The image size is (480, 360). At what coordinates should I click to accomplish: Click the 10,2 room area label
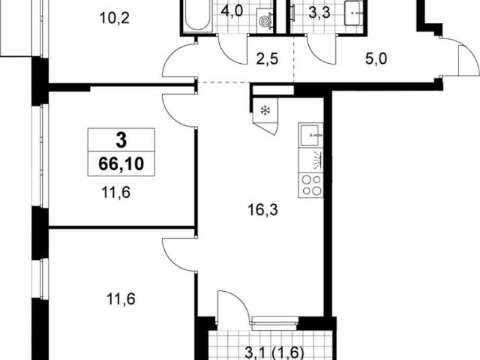(x=115, y=18)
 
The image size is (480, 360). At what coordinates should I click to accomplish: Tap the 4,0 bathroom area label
(x=232, y=12)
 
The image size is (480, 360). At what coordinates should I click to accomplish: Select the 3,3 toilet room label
(x=319, y=13)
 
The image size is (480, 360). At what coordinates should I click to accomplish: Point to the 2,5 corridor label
(x=267, y=58)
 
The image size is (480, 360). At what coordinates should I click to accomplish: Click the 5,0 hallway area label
(x=376, y=58)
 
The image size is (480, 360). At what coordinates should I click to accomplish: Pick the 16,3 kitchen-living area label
(x=263, y=210)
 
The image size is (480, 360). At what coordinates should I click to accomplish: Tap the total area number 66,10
(x=121, y=164)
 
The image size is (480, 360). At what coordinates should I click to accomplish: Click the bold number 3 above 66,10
(x=121, y=140)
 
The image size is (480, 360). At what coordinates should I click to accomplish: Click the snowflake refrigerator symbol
(x=264, y=110)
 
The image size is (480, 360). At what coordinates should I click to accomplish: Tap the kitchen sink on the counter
(x=310, y=135)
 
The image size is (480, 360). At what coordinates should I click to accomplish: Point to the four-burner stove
(x=310, y=185)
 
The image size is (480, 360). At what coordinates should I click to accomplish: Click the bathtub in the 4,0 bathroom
(x=197, y=15)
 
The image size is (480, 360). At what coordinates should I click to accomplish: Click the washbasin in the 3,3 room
(x=354, y=13)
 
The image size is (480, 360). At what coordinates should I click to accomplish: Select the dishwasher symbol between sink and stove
(x=310, y=160)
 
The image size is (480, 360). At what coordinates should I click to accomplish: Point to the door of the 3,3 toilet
(x=322, y=49)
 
